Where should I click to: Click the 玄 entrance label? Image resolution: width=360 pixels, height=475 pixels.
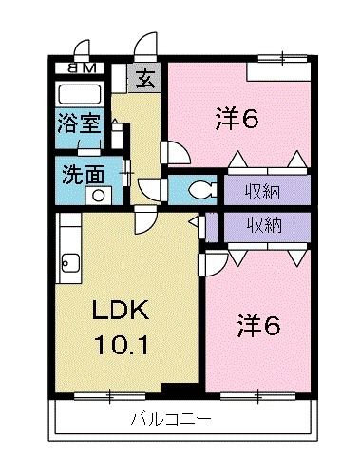[145, 79]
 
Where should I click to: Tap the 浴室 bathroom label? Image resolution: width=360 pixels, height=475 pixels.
[75, 122]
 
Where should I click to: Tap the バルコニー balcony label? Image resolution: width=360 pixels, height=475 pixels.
[171, 419]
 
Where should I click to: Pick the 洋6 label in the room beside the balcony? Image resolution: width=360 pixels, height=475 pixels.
[259, 326]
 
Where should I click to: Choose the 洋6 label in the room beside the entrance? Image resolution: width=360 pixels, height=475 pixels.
[237, 120]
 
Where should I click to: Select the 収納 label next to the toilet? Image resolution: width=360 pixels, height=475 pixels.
[266, 188]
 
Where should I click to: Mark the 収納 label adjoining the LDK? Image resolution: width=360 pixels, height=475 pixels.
[266, 225]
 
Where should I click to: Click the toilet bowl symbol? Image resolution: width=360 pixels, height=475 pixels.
[198, 189]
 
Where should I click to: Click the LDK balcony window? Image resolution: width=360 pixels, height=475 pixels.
[109, 393]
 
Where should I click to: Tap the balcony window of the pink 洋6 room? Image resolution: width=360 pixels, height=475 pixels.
[259, 393]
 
